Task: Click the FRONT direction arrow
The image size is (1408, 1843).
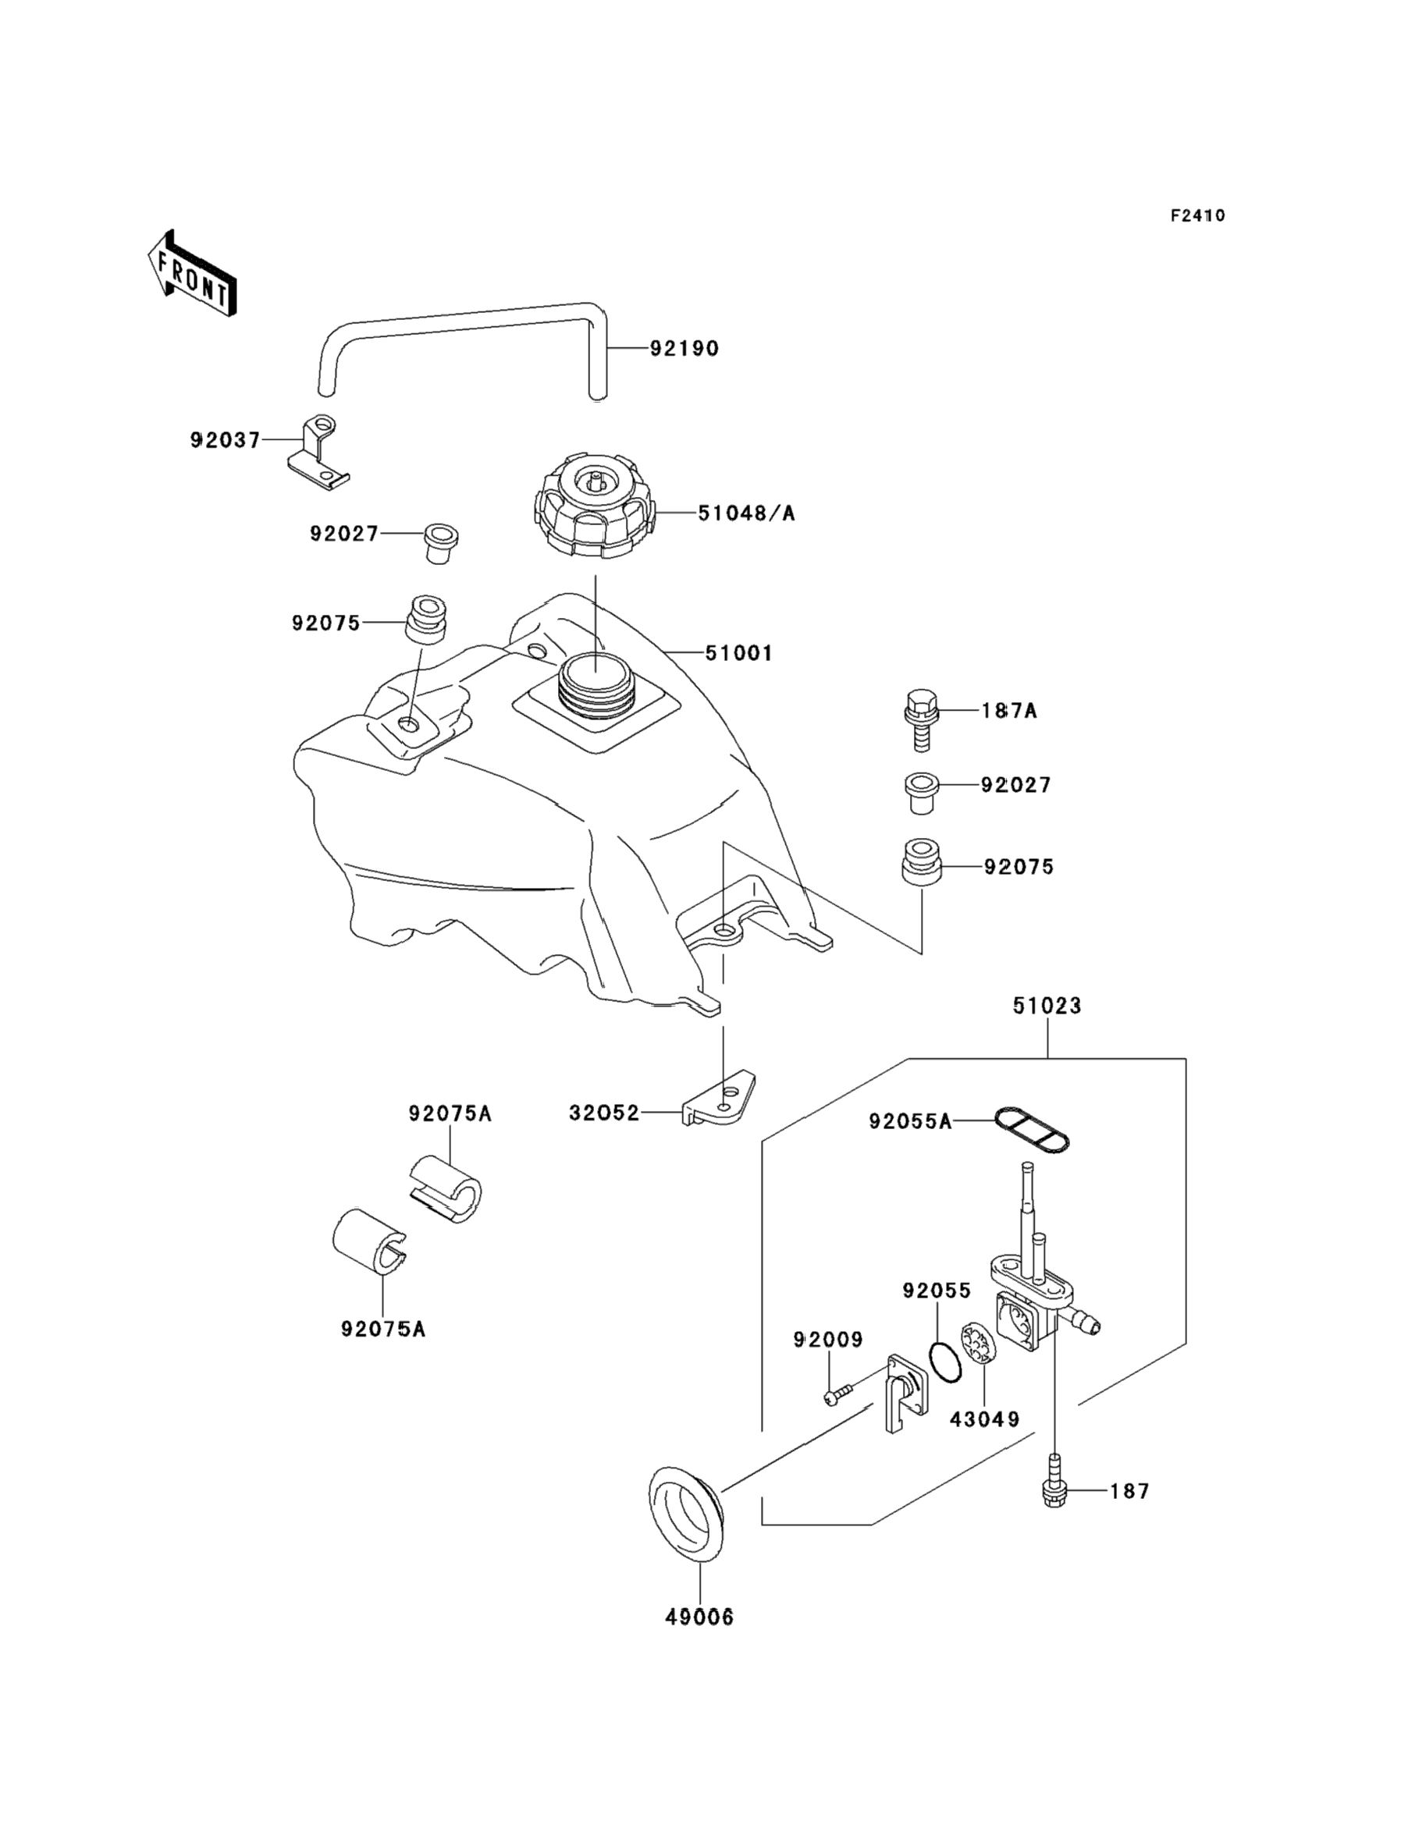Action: (191, 273)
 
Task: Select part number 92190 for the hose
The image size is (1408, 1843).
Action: (684, 349)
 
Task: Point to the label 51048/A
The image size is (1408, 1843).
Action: (746, 513)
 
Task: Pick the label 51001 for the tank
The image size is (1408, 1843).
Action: (738, 652)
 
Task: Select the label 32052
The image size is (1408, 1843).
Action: (603, 1113)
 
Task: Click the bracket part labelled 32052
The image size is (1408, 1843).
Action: (720, 1100)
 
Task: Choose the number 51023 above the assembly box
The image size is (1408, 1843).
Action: (1047, 1005)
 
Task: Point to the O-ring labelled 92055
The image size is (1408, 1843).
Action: (945, 1363)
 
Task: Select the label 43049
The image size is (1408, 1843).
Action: (984, 1419)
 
